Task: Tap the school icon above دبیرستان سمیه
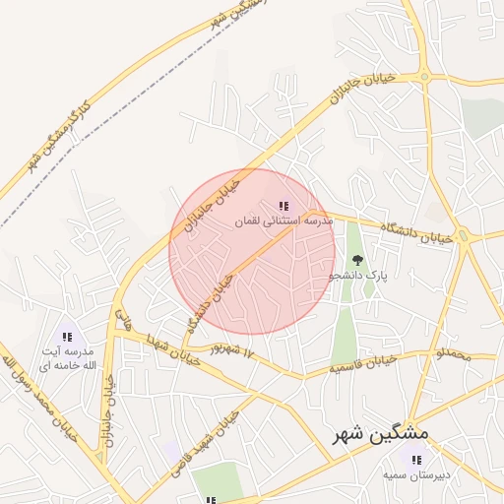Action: (x=414, y=460)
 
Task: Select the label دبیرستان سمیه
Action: (x=416, y=475)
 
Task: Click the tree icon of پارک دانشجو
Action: (x=357, y=260)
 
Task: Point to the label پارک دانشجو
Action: (x=358, y=277)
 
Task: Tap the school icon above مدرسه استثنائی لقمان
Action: (x=283, y=206)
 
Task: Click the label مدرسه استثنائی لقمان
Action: (x=283, y=222)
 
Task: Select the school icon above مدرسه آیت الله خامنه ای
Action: (x=67, y=336)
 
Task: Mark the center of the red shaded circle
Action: (x=252, y=252)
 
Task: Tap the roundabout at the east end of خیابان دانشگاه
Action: (x=467, y=237)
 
